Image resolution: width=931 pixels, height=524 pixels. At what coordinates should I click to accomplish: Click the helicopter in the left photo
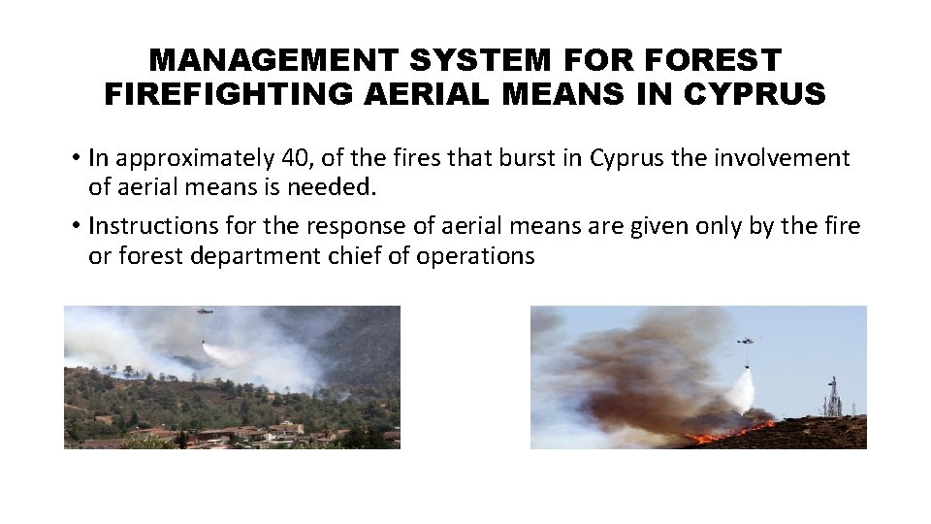point(205,312)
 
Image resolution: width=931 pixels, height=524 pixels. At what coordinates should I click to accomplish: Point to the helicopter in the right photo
point(747,341)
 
